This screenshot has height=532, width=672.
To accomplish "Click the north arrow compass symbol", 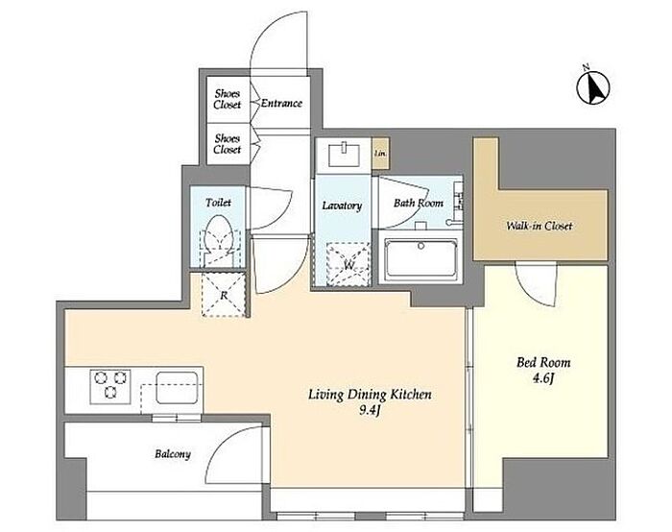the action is point(593,87).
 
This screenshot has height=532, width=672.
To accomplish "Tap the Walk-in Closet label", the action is point(540,226).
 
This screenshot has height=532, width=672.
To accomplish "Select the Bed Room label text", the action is point(543,363).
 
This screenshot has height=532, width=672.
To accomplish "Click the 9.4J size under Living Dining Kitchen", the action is point(371,411).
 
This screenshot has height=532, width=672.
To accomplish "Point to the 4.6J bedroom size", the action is point(543,378).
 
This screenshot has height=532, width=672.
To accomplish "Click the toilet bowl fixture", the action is point(220,239).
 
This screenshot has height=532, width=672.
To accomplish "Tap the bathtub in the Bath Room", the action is point(420,258).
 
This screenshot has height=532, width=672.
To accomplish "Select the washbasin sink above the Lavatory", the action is point(344,155).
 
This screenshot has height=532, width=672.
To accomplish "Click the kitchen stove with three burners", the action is point(110,387).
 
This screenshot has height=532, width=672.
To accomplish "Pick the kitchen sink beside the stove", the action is point(177,388).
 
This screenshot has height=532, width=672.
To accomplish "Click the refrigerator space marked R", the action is point(224,295).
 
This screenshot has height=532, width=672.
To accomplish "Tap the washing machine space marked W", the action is point(348,264).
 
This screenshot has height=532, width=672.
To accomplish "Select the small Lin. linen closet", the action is point(380,153).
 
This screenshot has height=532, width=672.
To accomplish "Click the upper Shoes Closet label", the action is point(228,99).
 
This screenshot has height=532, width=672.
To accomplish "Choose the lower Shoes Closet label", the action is point(228,144).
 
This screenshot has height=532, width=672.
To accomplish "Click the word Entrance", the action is point(281,104).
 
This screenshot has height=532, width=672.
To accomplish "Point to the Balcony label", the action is point(173,454).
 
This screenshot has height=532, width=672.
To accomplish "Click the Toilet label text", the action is point(218,203).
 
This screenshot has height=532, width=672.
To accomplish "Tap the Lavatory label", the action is point(342,206).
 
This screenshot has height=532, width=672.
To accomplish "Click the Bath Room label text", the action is point(419,203).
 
